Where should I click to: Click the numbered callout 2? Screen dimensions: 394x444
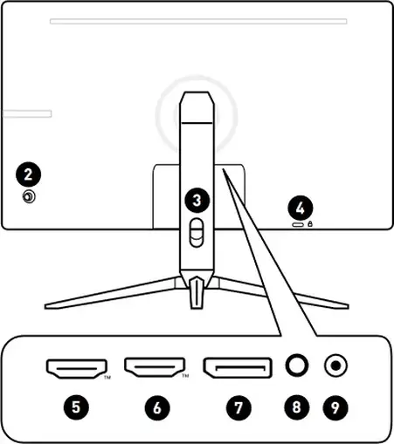(28, 174)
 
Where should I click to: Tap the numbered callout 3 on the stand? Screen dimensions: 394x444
(197, 201)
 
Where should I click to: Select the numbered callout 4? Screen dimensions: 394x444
(301, 208)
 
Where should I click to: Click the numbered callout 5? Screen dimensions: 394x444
(76, 407)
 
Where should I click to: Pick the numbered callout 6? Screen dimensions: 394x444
(157, 407)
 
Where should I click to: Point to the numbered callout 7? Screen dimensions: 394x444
(238, 407)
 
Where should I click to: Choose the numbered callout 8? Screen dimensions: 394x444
(296, 407)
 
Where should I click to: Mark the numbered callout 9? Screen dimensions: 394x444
(335, 407)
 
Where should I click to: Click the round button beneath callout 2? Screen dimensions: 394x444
(29, 197)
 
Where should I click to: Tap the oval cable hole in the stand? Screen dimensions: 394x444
(197, 233)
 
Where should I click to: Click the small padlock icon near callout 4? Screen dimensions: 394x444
(310, 223)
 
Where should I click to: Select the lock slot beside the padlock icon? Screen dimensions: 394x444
(298, 225)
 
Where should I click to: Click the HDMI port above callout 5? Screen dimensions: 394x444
(77, 369)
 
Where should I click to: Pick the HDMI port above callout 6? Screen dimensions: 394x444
(155, 367)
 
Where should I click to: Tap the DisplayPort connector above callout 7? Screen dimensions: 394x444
(238, 368)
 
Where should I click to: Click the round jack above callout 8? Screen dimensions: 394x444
(297, 365)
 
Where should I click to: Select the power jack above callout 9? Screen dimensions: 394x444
(335, 365)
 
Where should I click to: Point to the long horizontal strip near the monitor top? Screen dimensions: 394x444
(198, 21)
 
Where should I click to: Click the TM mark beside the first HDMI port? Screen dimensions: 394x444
(107, 378)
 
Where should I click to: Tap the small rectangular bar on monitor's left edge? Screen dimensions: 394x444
(27, 113)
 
